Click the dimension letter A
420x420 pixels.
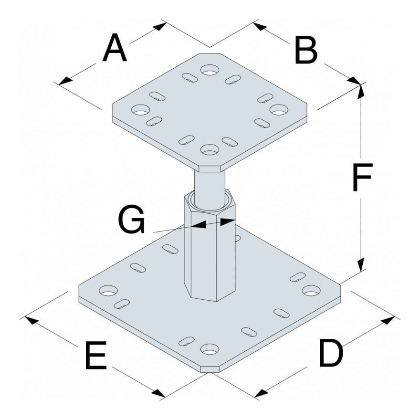(x=115, y=49)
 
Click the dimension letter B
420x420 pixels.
(x=306, y=51)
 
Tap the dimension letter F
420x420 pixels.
(x=361, y=178)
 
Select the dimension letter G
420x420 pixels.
(x=131, y=221)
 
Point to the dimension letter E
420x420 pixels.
(x=95, y=356)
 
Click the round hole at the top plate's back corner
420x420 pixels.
(x=209, y=70)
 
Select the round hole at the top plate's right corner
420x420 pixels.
(x=278, y=110)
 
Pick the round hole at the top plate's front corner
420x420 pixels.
(x=209, y=150)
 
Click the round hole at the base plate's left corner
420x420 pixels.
(x=108, y=290)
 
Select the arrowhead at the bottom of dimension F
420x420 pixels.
(x=361, y=265)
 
